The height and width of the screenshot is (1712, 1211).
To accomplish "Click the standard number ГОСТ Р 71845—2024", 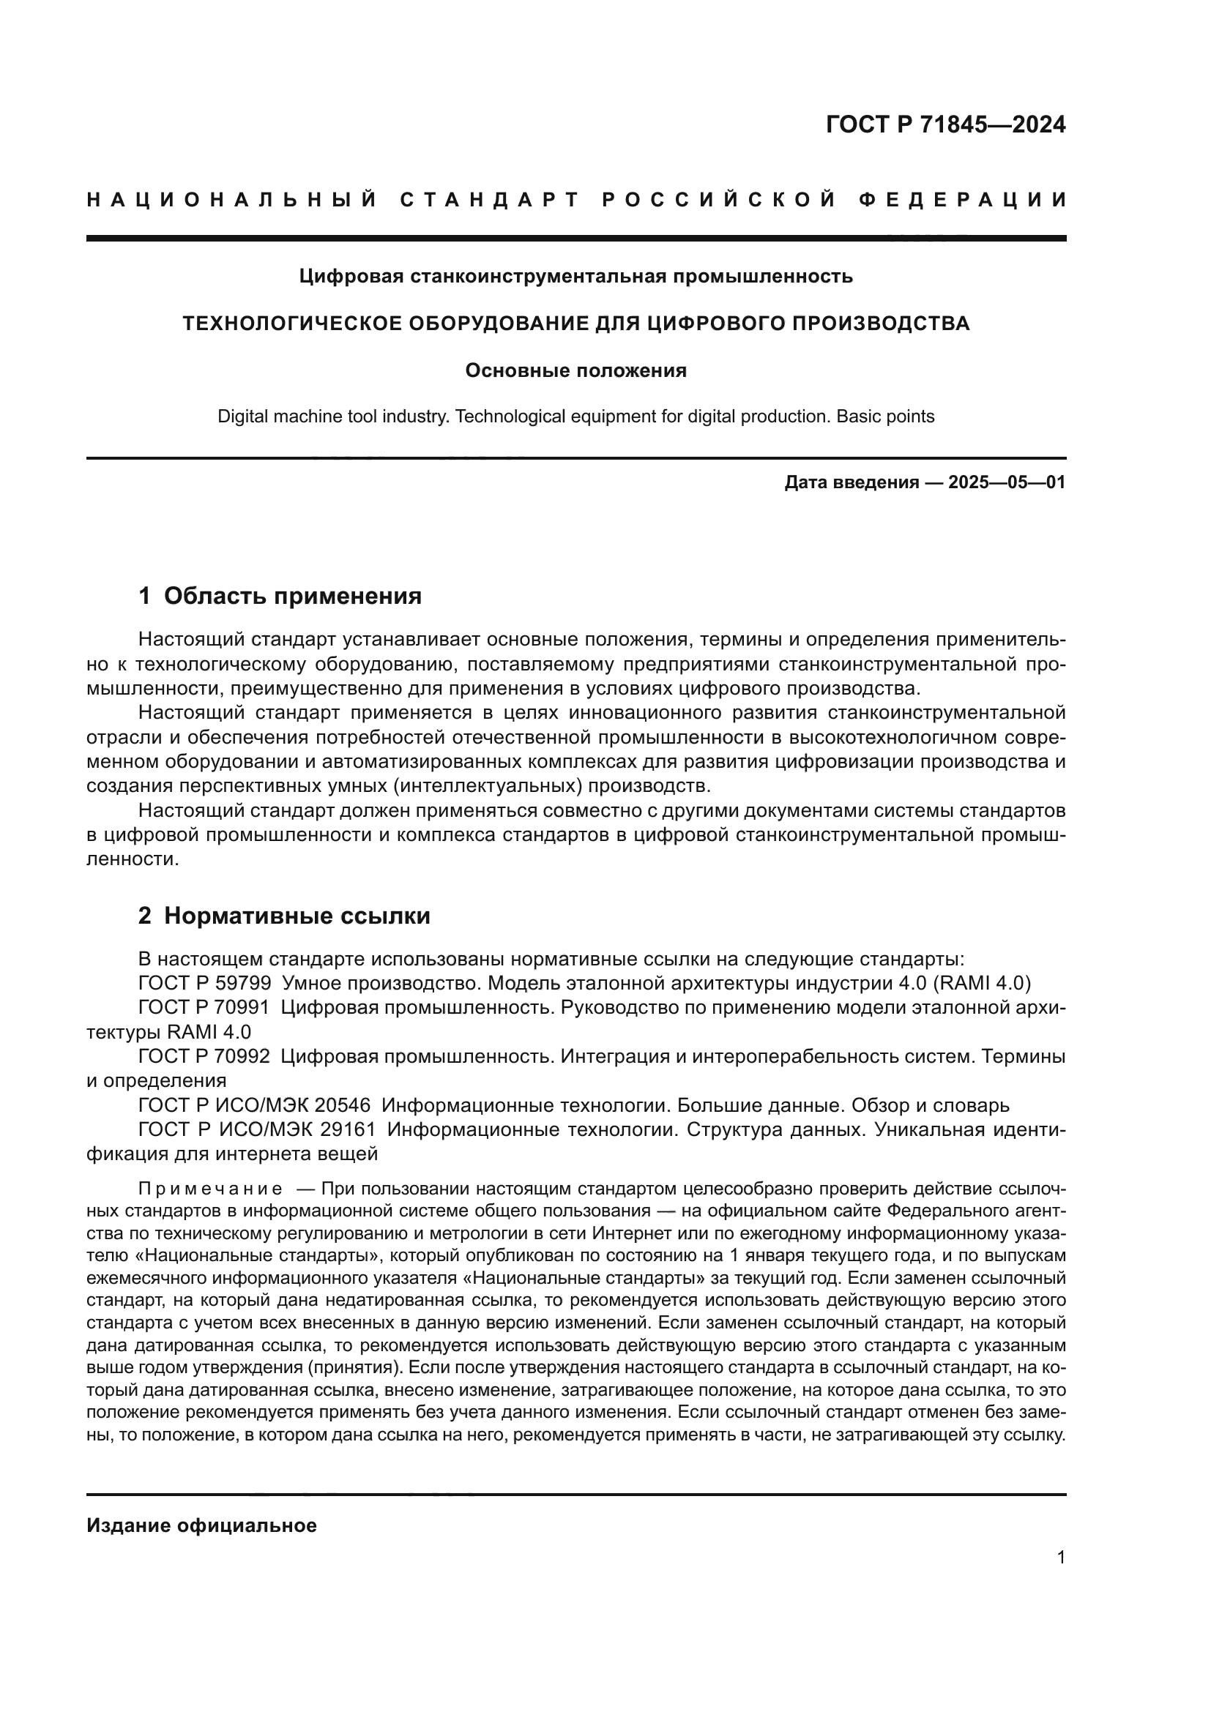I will (944, 124).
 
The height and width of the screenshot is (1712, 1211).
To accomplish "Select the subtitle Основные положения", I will (575, 370).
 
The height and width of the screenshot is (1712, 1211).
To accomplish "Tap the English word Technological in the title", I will (510, 416).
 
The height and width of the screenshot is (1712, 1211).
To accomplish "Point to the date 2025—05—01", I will (1007, 482).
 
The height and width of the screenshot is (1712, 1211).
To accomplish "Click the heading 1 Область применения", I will (280, 596).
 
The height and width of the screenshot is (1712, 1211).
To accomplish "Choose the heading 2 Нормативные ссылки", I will (284, 916).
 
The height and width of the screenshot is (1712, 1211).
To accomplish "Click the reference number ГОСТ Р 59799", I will (204, 984).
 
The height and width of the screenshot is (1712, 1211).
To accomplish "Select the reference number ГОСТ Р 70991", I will (204, 1008).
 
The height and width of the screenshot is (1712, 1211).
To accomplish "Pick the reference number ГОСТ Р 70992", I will (204, 1057).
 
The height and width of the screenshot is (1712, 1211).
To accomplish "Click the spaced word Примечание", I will (210, 1189).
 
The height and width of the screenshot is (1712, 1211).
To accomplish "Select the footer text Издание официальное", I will (201, 1525).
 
